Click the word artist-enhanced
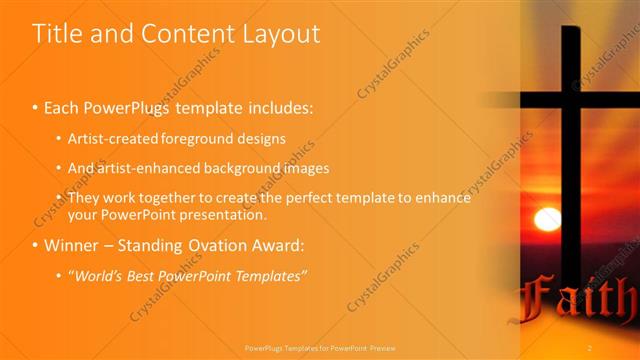pos(139,168)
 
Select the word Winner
pos(70,245)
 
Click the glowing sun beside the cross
pos(547,219)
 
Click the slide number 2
pos(590,347)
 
